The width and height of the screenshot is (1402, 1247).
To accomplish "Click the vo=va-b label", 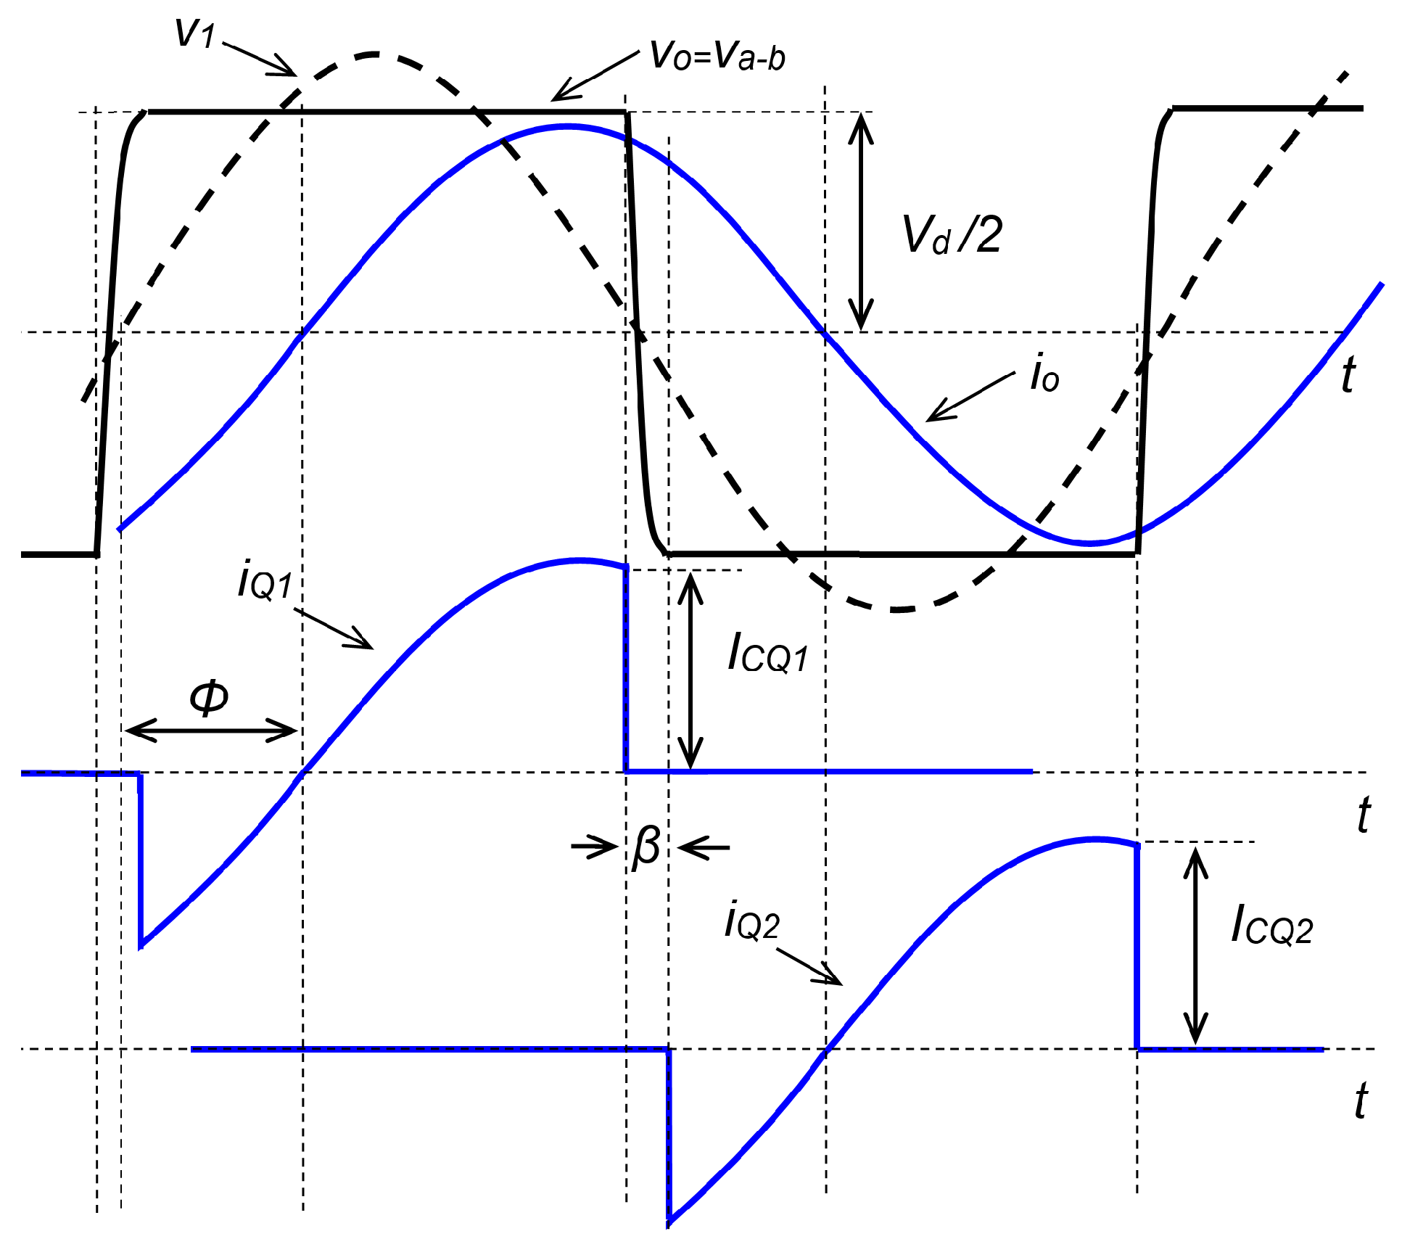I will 717,57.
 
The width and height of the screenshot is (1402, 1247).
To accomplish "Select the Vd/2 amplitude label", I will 952,235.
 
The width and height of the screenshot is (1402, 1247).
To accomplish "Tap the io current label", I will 1044,374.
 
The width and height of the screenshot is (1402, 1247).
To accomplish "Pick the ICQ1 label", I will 767,653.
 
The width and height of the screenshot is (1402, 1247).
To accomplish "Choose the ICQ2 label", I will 1271,926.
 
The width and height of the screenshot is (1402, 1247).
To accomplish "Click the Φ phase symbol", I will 209,698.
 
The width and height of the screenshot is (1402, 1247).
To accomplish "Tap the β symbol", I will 646,847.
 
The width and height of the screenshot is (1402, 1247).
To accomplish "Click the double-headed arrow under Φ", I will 211,730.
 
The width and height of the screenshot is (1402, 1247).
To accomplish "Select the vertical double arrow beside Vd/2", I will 861,221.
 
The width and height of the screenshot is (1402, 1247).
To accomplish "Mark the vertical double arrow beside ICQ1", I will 690,670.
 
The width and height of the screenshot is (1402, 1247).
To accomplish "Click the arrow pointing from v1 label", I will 259,59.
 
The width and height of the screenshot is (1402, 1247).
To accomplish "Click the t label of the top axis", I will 1347,376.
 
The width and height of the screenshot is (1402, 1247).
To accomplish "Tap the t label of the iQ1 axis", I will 1363,815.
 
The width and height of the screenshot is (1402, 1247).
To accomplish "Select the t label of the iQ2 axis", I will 1361,1101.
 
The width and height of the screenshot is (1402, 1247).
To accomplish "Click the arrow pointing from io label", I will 970,397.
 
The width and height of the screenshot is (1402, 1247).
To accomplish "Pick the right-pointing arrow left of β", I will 593,847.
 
